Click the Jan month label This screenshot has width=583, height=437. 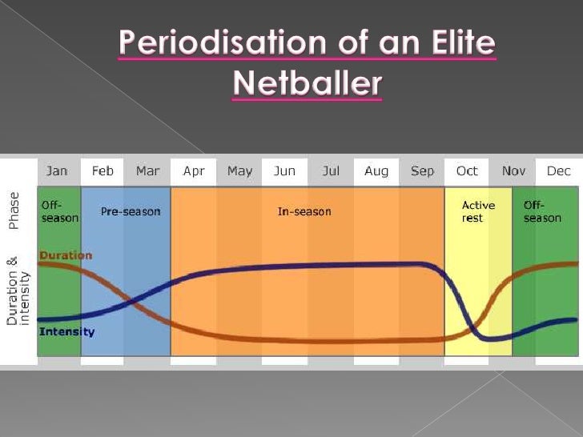[x=57, y=171]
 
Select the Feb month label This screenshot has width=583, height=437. [x=103, y=171]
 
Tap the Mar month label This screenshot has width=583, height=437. [x=147, y=171]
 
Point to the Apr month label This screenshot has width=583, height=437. [x=194, y=171]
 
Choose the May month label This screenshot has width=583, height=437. [x=239, y=171]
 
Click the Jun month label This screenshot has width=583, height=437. [x=284, y=171]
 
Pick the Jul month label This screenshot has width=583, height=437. [x=331, y=171]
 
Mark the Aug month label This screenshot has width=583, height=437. [x=376, y=171]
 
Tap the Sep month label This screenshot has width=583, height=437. [x=422, y=171]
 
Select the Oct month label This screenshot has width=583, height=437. [x=467, y=171]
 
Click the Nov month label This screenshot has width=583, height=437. [x=513, y=171]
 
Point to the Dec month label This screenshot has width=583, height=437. [x=559, y=171]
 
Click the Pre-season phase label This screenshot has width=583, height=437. [x=131, y=212]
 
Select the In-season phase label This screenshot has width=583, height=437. [x=304, y=212]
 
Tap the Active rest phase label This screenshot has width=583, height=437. [x=478, y=212]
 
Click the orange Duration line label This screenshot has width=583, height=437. [x=66, y=256]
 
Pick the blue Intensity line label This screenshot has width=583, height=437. [x=66, y=332]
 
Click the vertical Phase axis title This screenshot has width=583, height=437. [x=14, y=211]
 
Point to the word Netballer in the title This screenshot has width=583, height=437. [x=307, y=82]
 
